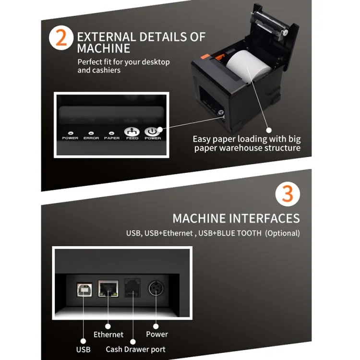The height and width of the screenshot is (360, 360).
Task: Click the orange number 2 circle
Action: click(62, 39)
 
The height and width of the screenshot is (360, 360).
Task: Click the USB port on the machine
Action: click(84, 289)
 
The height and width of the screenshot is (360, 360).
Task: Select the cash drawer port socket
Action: click(132, 288)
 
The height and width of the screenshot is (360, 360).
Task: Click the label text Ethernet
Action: click(108, 335)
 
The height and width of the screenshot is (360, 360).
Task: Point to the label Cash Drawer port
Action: click(136, 349)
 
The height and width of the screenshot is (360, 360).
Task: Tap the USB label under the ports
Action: click(83, 349)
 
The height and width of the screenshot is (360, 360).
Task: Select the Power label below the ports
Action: click(157, 334)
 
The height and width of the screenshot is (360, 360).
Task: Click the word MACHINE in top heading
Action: click(104, 48)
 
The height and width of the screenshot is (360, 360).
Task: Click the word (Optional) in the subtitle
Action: click(283, 233)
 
